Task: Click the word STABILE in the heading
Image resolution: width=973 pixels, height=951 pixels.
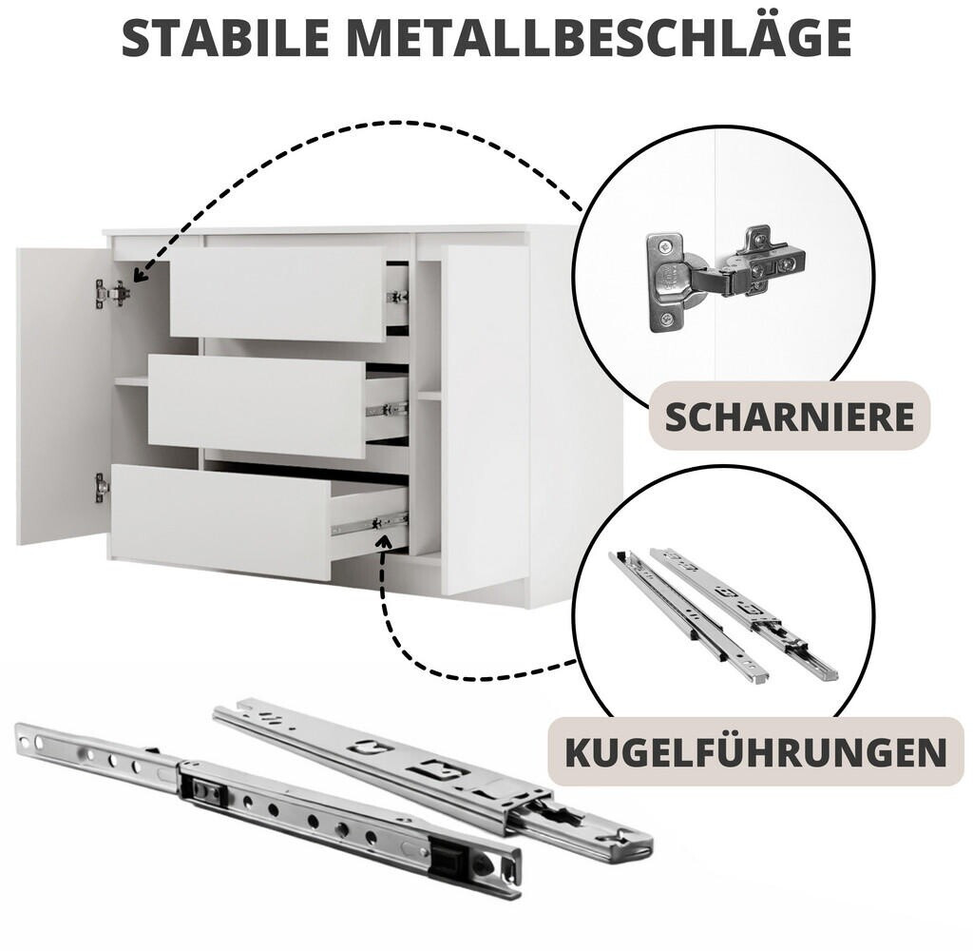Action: point(226,37)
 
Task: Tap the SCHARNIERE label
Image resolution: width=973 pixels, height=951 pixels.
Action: point(790,417)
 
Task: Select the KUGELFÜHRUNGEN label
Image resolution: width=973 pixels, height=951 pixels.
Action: point(755,751)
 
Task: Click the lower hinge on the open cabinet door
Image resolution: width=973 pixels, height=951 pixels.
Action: point(101,488)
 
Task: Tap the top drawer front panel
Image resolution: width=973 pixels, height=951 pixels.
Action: point(277,294)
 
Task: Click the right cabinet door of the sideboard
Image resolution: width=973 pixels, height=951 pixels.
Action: point(486,421)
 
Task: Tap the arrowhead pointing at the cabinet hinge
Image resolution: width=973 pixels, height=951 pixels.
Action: point(141,273)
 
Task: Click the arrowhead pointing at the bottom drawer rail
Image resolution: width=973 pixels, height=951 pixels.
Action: point(386,544)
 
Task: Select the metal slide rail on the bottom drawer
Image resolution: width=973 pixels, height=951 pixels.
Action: point(370,524)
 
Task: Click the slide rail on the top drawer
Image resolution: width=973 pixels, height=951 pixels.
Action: point(398,297)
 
